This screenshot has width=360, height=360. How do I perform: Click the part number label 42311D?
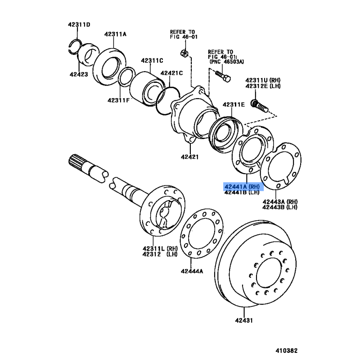tap(79, 25)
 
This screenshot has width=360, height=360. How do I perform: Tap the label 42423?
tap(79, 74)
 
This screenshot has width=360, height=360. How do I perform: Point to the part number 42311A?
tap(115, 34)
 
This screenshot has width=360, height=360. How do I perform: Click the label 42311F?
tap(118, 100)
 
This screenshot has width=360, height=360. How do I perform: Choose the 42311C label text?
tap(152, 61)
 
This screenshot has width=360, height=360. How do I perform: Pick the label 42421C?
tap(171, 73)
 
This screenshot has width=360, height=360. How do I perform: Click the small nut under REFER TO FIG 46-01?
tap(184, 53)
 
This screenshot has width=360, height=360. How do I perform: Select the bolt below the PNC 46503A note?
tap(223, 76)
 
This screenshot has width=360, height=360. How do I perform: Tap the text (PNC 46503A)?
tap(227, 62)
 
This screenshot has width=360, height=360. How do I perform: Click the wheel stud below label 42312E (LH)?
tap(260, 106)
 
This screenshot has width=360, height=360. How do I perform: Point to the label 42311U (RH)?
tap(263, 80)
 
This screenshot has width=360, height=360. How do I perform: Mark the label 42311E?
tap(234, 105)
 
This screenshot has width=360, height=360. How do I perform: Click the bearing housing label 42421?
tap(189, 157)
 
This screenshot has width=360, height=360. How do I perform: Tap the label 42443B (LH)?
tap(280, 207)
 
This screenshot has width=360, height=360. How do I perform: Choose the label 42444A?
tap(192, 271)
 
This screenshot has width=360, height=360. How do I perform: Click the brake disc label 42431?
tap(244, 320)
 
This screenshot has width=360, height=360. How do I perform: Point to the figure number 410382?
tap(287, 351)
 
